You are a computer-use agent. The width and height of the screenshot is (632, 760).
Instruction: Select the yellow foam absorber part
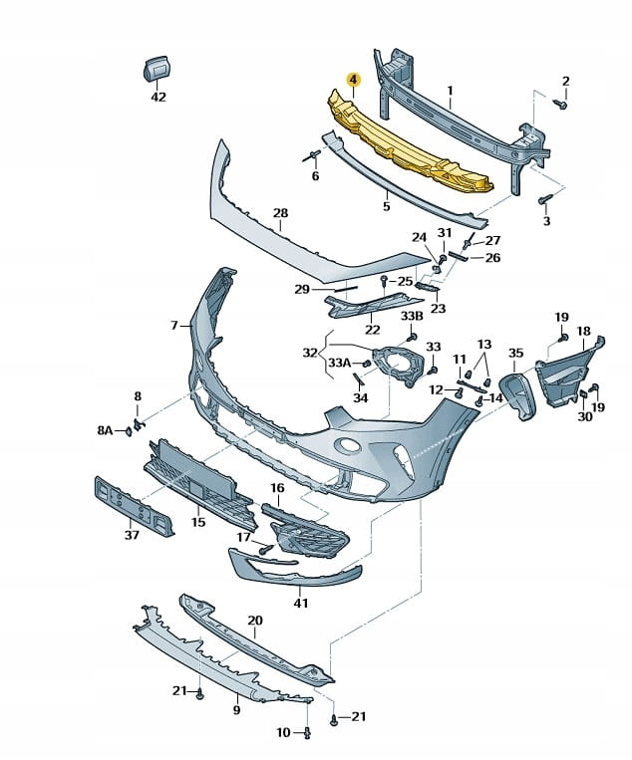(409, 144)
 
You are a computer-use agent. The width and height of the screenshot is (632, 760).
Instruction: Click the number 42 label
(158, 97)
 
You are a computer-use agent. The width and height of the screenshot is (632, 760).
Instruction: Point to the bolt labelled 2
(559, 104)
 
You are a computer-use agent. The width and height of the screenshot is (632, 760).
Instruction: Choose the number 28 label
(280, 214)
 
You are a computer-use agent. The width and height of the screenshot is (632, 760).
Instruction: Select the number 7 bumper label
(173, 325)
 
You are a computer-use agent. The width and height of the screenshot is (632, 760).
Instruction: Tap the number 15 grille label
(198, 521)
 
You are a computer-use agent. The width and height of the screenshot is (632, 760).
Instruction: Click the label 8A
(106, 430)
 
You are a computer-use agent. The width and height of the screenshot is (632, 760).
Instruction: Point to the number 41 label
(300, 603)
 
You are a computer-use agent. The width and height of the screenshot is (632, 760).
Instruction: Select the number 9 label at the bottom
(236, 710)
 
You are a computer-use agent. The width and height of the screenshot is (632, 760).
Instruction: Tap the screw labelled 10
(307, 733)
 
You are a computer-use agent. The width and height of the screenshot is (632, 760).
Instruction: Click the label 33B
(412, 316)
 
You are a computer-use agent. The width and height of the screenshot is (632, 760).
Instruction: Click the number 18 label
(583, 331)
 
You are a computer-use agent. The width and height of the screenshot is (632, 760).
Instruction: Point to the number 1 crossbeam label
(450, 96)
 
